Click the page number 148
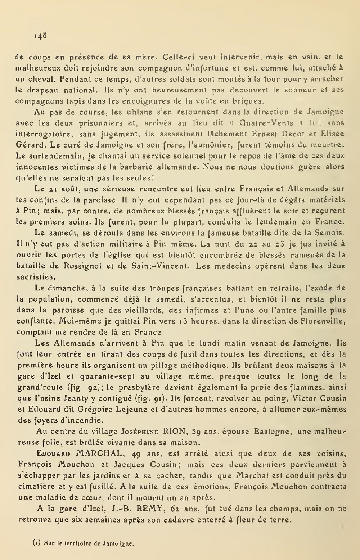click(40, 35)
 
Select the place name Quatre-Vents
click(262, 123)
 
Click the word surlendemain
click(50, 156)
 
